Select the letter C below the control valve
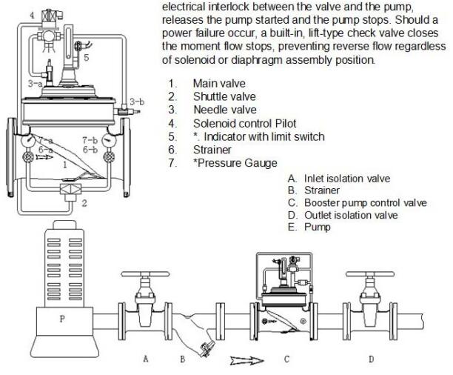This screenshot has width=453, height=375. tap(287, 359)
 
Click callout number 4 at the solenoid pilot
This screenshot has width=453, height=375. tap(11, 14)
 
